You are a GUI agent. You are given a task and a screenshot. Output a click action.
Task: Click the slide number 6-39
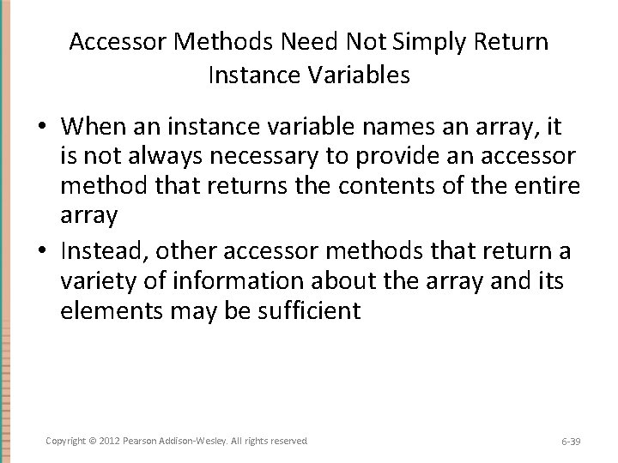click(571, 440)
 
